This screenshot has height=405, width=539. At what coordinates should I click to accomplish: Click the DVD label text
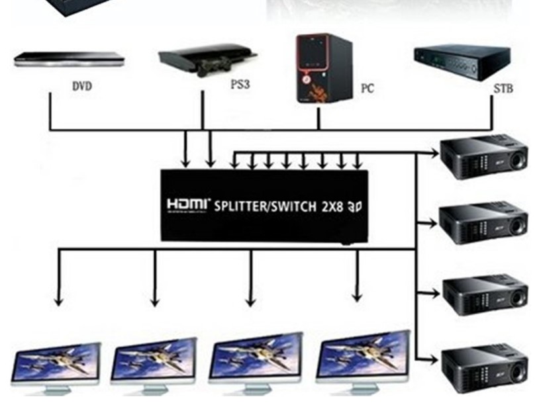click(x=81, y=86)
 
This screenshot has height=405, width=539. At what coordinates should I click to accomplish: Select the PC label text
click(x=367, y=87)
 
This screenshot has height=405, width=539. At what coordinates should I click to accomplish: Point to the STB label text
click(x=503, y=87)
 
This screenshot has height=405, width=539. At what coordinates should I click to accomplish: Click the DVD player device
click(x=69, y=60)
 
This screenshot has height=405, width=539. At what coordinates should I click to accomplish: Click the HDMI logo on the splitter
click(x=188, y=205)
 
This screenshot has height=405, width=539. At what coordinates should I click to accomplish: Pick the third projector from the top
click(x=484, y=292)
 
